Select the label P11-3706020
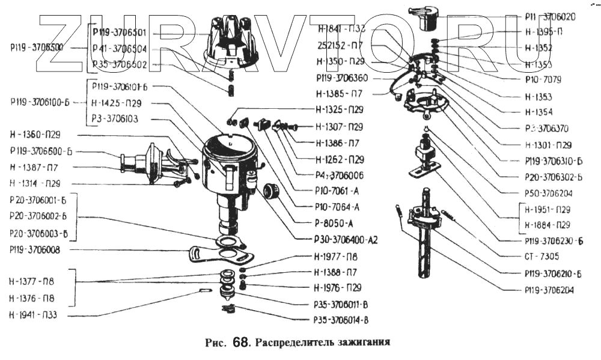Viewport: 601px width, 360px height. [x=549, y=17]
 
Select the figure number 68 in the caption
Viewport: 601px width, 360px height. [x=240, y=343]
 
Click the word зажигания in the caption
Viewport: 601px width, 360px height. [x=360, y=343]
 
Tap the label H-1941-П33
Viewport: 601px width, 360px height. [x=33, y=314]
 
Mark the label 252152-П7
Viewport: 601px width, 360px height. [x=340, y=44]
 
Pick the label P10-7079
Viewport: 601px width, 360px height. [x=542, y=79]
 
